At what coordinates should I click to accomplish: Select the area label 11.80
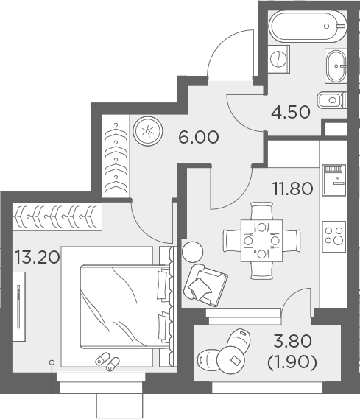(292, 188)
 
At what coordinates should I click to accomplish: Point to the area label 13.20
(35, 257)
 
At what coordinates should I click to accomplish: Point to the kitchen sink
(335, 179)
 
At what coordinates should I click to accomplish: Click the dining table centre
(261, 240)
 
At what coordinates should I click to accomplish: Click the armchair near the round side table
(206, 283)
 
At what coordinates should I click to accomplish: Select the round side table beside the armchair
(192, 251)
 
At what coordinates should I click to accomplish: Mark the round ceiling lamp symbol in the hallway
(148, 132)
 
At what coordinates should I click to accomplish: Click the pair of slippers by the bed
(107, 361)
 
